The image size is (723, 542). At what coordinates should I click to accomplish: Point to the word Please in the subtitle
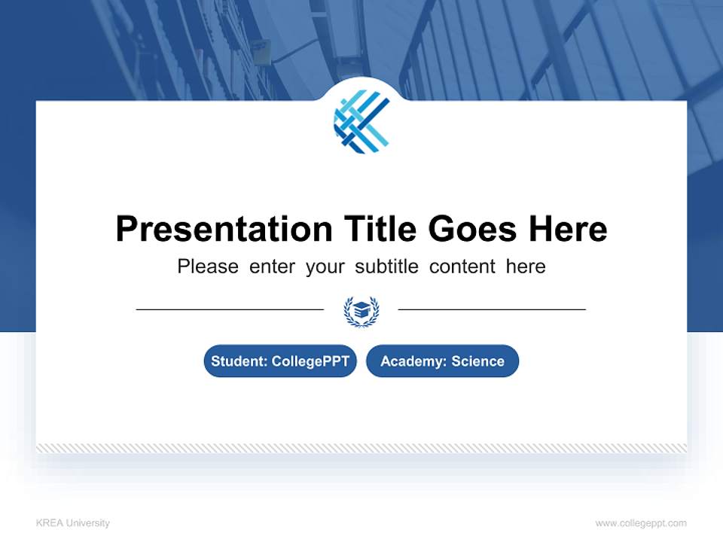point(208,266)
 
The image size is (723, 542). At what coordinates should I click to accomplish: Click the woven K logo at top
point(361,120)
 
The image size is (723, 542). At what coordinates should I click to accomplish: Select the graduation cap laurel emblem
point(361,310)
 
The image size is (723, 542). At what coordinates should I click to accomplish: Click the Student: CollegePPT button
point(280,361)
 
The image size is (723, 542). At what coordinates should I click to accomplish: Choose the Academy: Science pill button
point(442,361)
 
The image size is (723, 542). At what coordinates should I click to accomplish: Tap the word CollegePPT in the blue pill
point(310,361)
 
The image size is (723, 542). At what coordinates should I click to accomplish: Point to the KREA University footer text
point(72,523)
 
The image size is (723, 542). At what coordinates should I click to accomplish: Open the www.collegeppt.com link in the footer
point(641,523)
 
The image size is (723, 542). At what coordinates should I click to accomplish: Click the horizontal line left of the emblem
point(230,309)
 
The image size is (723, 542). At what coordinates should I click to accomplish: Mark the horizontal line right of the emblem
point(492,309)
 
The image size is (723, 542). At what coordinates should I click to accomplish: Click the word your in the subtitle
point(325,267)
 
